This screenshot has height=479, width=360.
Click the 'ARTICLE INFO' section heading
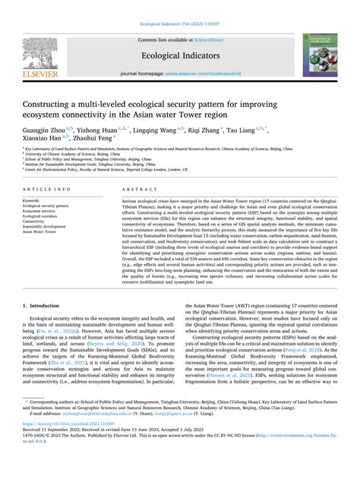point(49,188)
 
